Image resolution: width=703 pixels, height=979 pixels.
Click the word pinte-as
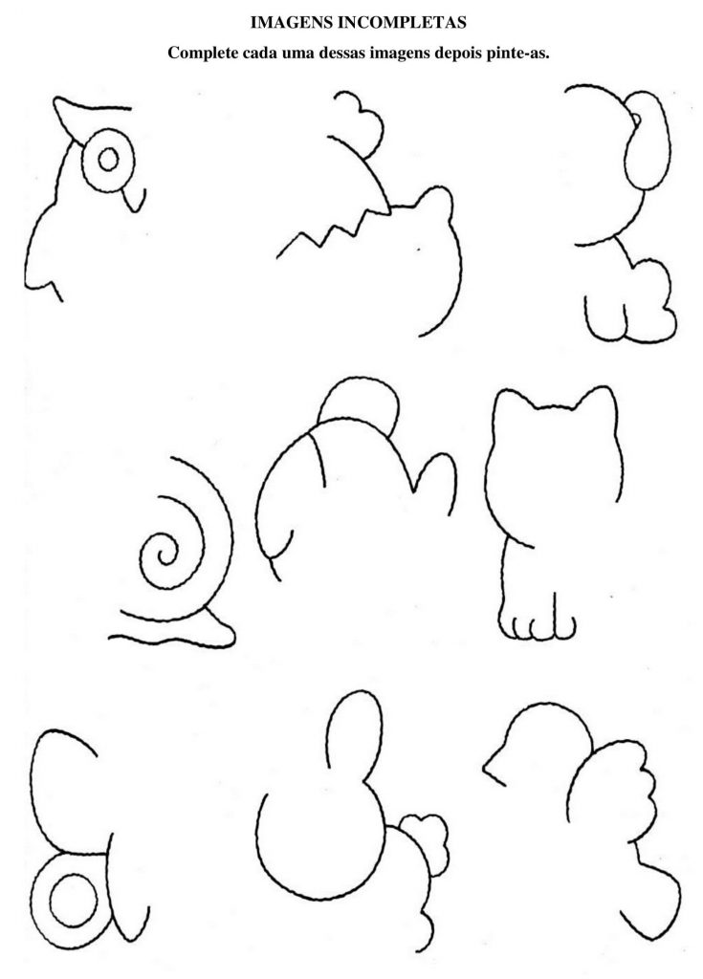518,54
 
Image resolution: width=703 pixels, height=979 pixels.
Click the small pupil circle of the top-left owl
109,160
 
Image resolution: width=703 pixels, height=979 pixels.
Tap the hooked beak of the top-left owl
133,199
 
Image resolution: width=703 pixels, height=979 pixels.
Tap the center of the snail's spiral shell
166,554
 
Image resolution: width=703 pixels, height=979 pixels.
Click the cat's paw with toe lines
538,625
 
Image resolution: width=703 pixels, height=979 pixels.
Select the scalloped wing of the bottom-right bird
616,788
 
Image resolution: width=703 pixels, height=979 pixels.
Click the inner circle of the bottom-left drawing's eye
74,900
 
